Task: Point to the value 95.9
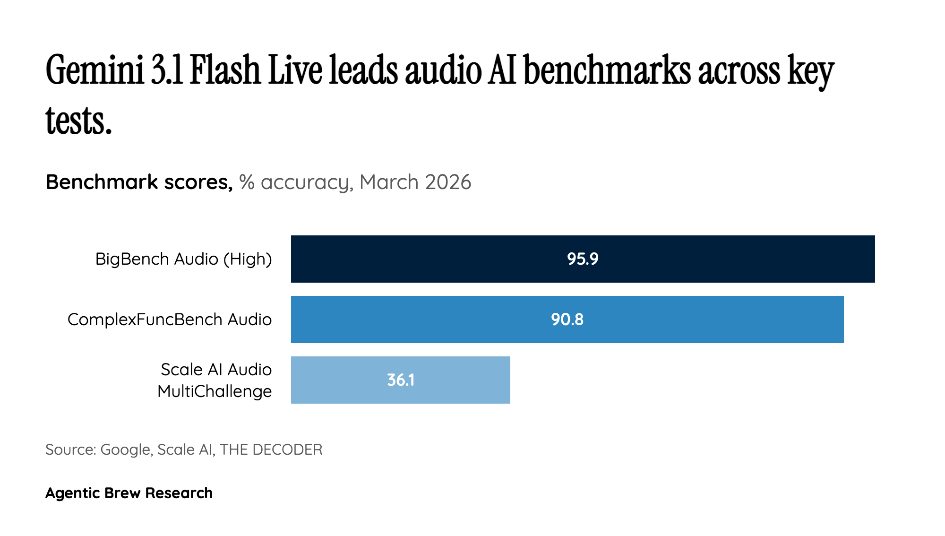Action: [x=583, y=259]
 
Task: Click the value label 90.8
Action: [x=567, y=320]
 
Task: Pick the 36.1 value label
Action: [x=401, y=380]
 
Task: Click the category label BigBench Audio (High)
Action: [x=183, y=259]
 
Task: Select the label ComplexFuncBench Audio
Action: [x=169, y=320]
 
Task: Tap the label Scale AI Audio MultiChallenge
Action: [x=215, y=380]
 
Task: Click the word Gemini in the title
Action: [x=94, y=71]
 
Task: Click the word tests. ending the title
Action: [x=78, y=121]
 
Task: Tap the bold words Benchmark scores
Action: [x=139, y=182]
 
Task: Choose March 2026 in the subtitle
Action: [x=415, y=182]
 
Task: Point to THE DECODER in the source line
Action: [x=271, y=450]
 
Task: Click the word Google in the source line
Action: [x=126, y=450]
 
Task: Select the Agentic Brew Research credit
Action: [x=129, y=493]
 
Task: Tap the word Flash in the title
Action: [x=225, y=71]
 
